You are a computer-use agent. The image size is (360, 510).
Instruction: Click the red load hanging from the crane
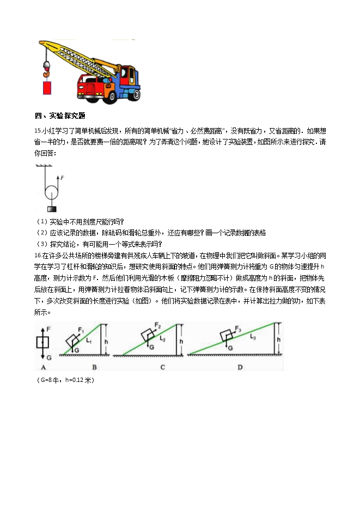(x=46, y=87)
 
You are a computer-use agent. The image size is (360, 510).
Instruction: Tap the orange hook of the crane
(x=46, y=69)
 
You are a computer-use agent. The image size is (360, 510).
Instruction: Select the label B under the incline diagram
(x=94, y=367)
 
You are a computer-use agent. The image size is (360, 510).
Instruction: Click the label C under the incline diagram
(x=163, y=367)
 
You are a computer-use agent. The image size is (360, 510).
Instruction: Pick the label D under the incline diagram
(x=240, y=367)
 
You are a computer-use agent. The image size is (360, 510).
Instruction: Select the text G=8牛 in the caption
(x=50, y=380)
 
